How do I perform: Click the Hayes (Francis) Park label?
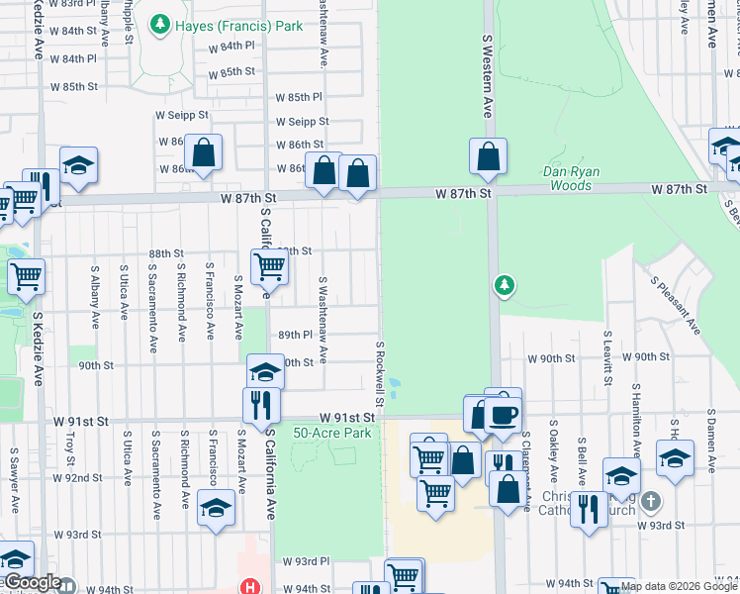click(x=238, y=26)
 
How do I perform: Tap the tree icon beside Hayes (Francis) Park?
click(x=159, y=25)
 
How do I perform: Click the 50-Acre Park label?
click(x=331, y=433)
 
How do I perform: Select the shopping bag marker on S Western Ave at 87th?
click(x=488, y=156)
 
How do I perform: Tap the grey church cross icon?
click(x=650, y=501)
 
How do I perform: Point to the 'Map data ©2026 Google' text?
click(x=677, y=586)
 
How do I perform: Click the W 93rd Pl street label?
click(x=306, y=561)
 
